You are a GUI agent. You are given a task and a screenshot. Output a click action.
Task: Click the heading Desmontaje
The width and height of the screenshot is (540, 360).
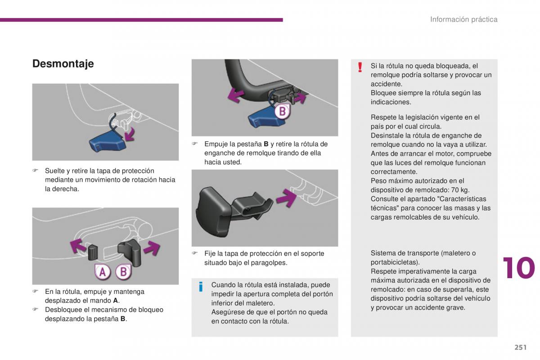point(63,63)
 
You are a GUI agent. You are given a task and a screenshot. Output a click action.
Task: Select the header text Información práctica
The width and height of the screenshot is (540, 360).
point(463,19)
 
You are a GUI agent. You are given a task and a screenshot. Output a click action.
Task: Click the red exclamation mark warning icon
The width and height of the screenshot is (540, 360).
point(360,67)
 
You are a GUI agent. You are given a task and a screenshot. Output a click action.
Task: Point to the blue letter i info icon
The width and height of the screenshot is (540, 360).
point(201,287)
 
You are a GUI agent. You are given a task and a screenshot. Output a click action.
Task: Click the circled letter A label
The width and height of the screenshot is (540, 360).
point(102,272)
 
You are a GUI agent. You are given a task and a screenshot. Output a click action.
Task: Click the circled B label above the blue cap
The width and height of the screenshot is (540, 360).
point(282,111)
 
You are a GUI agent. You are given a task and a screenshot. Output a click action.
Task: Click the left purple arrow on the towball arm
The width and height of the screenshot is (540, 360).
point(235,94)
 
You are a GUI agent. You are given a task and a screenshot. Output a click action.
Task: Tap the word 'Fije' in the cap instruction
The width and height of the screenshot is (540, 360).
point(210,254)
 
